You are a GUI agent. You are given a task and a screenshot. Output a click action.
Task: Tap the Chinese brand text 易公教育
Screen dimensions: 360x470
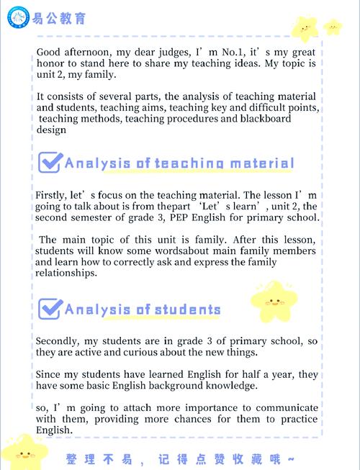57,17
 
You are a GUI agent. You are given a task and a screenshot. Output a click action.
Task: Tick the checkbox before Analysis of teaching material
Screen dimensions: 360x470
49,163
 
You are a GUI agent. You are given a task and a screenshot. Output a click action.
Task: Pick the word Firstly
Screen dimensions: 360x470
51,195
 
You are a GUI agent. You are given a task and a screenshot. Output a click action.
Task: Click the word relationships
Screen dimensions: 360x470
68,274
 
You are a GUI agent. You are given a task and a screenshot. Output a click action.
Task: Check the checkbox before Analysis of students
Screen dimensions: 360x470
49,309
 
